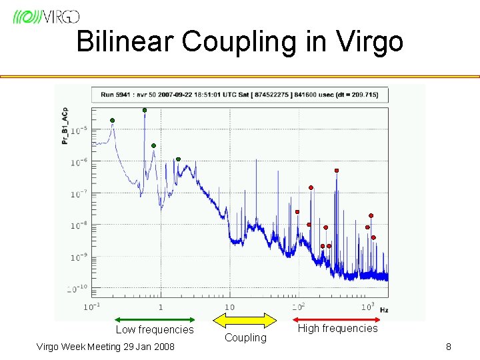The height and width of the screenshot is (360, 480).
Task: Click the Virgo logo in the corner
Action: [46, 16]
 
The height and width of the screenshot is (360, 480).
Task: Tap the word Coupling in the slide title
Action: [252, 43]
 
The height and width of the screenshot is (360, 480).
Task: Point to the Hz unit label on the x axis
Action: [385, 310]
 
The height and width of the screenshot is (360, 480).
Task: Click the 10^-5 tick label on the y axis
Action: [79, 130]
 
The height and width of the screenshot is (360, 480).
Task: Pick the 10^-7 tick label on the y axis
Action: [79, 193]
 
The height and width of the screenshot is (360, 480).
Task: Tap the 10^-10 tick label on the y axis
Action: [77, 289]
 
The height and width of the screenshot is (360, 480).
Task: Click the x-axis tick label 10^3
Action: [367, 307]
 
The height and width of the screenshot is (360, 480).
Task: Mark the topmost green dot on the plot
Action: [145, 110]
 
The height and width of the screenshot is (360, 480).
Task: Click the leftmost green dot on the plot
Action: [112, 120]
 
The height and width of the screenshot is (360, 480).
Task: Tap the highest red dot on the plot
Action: [337, 171]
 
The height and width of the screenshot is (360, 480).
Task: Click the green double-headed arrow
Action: [154, 319]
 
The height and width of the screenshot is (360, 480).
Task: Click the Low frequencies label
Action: [154, 330]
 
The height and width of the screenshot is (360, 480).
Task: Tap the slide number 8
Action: [449, 347]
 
